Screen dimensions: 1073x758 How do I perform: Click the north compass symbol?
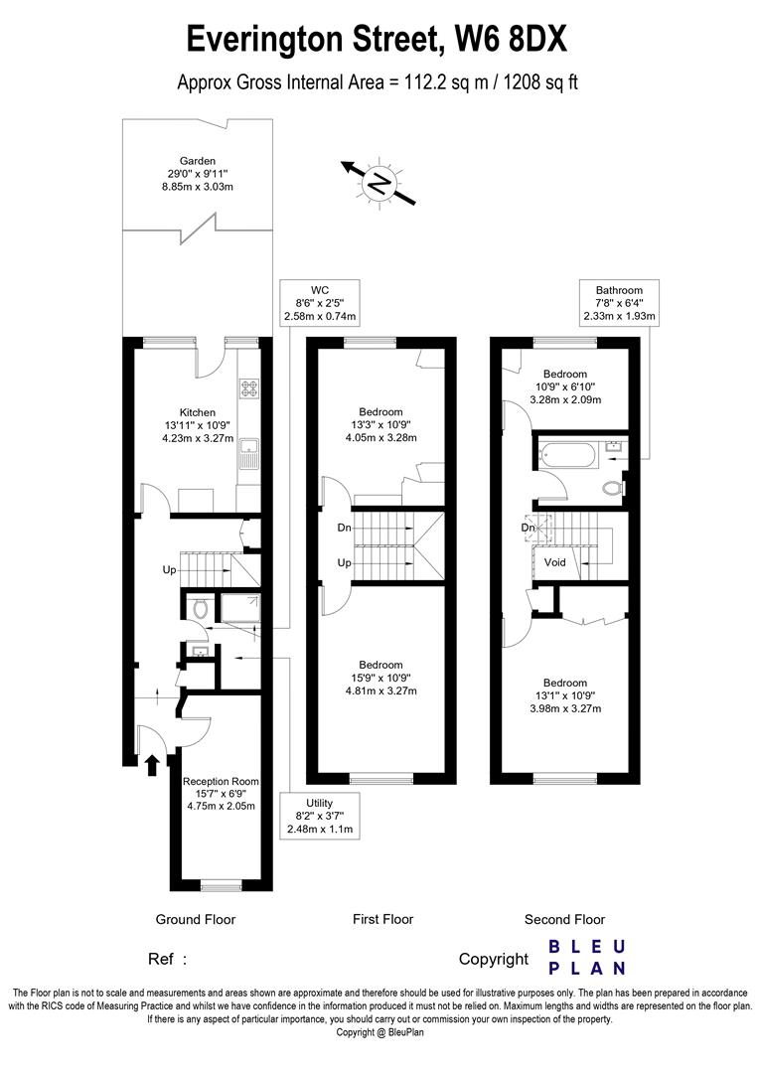click(x=379, y=183)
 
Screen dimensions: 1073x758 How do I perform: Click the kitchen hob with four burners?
click(x=248, y=388)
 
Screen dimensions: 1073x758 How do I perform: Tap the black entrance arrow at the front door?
click(x=152, y=764)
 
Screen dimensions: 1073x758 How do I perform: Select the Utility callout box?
click(x=319, y=815)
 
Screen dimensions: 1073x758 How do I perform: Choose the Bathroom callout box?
click(x=620, y=303)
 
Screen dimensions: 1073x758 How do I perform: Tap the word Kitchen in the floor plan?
click(x=197, y=412)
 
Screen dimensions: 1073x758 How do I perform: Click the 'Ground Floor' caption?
click(x=196, y=919)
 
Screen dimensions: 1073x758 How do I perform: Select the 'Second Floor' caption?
click(x=564, y=919)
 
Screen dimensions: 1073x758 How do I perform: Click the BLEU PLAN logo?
click(x=587, y=957)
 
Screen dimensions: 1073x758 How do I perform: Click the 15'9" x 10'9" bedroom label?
click(x=380, y=678)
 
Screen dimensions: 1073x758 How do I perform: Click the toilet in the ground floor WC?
click(x=199, y=608)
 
